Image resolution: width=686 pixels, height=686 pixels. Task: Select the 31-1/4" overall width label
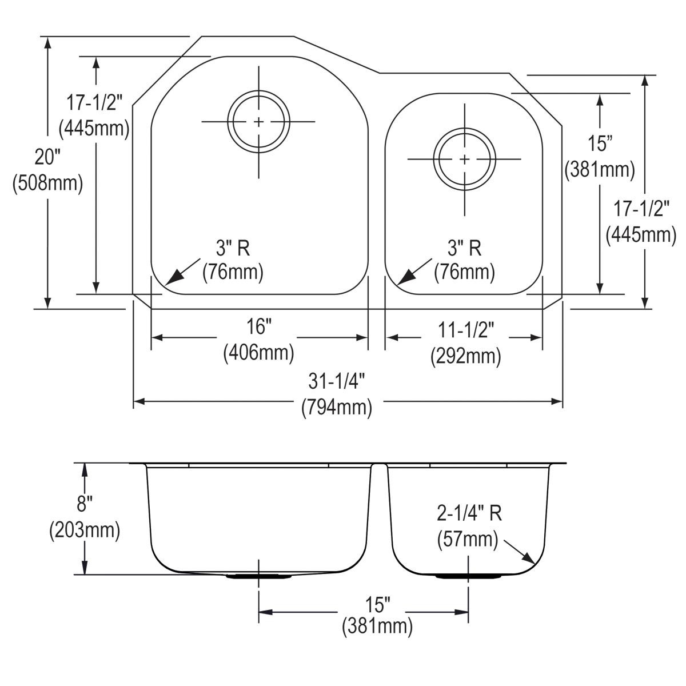click(337, 380)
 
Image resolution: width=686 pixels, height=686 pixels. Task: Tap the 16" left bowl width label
click(258, 327)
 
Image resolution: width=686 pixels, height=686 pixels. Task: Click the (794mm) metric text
click(337, 407)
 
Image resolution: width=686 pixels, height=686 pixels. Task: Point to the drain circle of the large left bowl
click(258, 122)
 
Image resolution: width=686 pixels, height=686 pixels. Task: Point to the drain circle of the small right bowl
click(464, 159)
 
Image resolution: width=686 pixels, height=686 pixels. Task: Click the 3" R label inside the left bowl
click(233, 248)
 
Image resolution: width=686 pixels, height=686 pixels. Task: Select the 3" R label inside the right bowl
click(464, 248)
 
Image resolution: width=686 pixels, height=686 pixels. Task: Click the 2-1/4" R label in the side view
click(469, 513)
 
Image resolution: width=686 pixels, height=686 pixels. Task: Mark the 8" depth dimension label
click(85, 504)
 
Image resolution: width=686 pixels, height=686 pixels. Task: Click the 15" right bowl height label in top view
click(600, 143)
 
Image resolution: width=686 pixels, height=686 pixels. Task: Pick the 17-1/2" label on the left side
click(94, 103)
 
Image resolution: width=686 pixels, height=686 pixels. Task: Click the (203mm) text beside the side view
click(85, 531)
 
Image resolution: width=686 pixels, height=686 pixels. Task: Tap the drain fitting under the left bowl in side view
click(259, 576)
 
